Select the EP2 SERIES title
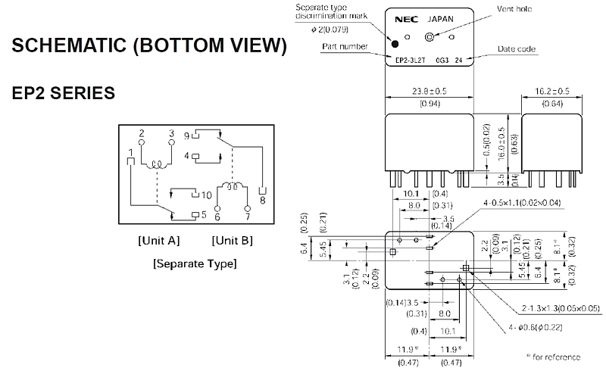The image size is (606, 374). [x=63, y=94]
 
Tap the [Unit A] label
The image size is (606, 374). [x=158, y=240]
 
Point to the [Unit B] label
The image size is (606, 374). [x=232, y=240]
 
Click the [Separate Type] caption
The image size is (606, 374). [x=195, y=263]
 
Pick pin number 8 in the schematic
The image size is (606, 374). [x=263, y=201]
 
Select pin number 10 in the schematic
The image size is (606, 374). [x=206, y=195]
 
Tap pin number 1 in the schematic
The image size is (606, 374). [x=132, y=152]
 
